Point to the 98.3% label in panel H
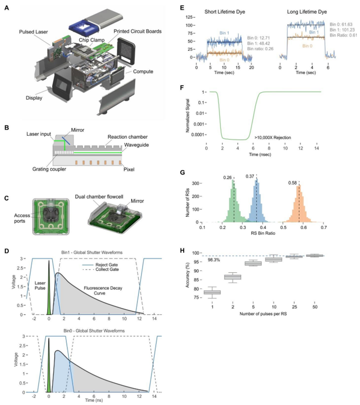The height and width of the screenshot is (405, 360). click(214, 261)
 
